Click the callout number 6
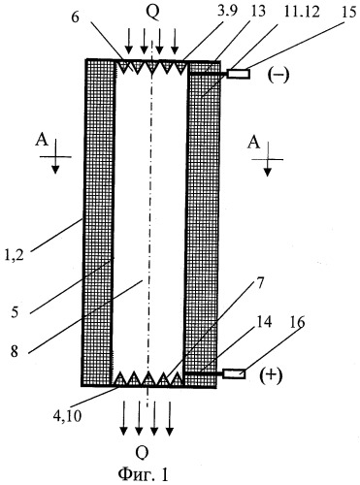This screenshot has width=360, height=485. click(x=75, y=17)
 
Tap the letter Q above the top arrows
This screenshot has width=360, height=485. click(x=152, y=13)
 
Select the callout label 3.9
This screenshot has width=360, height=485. click(x=228, y=12)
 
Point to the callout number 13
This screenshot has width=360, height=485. click(x=257, y=11)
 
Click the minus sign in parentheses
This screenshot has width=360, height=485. click(x=278, y=76)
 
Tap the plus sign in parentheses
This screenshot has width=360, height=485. click(x=271, y=376)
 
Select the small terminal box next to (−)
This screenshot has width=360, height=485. click(x=239, y=74)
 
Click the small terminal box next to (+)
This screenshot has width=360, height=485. click(x=234, y=373)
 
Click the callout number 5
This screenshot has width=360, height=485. click(x=15, y=312)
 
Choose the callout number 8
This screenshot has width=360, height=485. click(x=15, y=351)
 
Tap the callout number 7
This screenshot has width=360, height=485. click(x=260, y=283)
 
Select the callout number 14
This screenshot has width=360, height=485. click(x=264, y=323)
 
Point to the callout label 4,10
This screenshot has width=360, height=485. click(x=68, y=415)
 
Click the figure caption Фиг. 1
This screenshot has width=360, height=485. click(x=143, y=474)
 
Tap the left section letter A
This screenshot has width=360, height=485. click(x=42, y=141)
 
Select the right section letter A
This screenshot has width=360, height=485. click(x=254, y=143)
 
